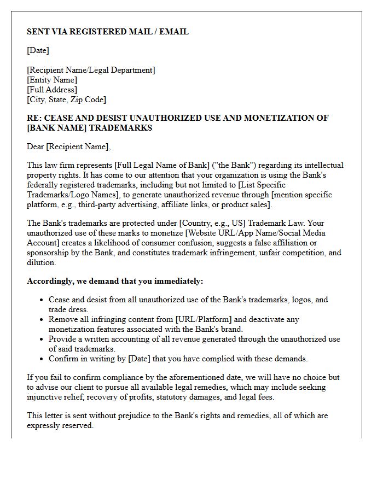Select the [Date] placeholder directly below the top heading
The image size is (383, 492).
38,50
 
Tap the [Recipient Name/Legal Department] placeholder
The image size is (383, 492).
91,70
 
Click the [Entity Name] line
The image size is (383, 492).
52,80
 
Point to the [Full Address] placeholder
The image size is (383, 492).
52,90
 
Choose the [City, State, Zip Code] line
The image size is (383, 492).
66,99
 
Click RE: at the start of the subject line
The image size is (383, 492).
34,118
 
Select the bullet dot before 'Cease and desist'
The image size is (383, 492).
42,300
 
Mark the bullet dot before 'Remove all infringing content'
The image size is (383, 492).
42,320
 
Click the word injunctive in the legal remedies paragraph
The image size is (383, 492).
45,397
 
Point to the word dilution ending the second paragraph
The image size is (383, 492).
41,262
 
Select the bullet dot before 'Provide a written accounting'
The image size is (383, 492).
42,339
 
